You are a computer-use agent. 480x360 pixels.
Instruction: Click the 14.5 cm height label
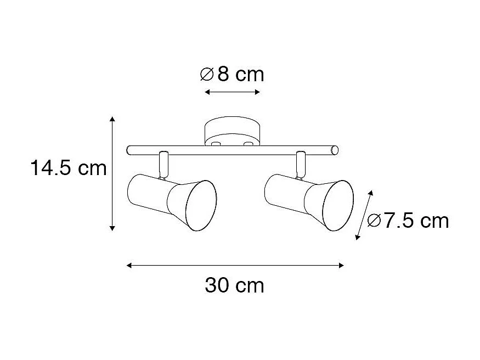pyautogui.click(x=68, y=168)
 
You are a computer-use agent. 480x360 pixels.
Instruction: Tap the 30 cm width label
pyautogui.click(x=235, y=285)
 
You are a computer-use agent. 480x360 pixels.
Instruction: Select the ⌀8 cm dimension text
pyautogui.click(x=232, y=74)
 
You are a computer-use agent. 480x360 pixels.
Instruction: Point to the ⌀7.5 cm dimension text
pyautogui.click(x=408, y=221)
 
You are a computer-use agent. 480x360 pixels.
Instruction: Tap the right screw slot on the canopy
pyautogui.click(x=249, y=144)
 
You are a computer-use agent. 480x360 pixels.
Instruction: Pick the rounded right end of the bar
pyautogui.click(x=335, y=150)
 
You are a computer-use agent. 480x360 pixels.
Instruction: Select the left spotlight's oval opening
pyautogui.click(x=201, y=205)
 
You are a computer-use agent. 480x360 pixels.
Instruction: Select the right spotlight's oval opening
pyautogui.click(x=338, y=205)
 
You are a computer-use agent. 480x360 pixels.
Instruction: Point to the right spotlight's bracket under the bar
pyautogui.click(x=300, y=164)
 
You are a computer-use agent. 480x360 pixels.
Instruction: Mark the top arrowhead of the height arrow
pyautogui.click(x=112, y=119)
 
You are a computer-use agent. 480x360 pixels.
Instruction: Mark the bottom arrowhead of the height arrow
pyautogui.click(x=112, y=227)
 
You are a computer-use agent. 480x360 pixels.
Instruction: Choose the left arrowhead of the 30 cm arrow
pyautogui.click(x=129, y=266)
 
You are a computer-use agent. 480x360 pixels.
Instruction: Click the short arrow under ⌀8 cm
pyautogui.click(x=232, y=92)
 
